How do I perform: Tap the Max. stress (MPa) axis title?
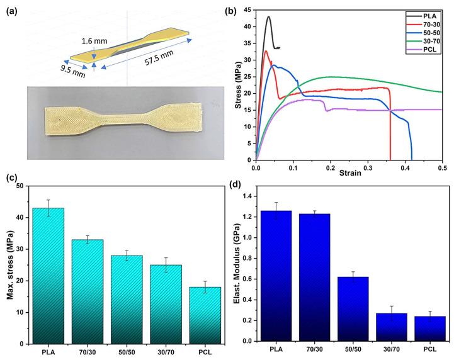pyautogui.click(x=9, y=264)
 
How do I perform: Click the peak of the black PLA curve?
pyautogui.click(x=269, y=17)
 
